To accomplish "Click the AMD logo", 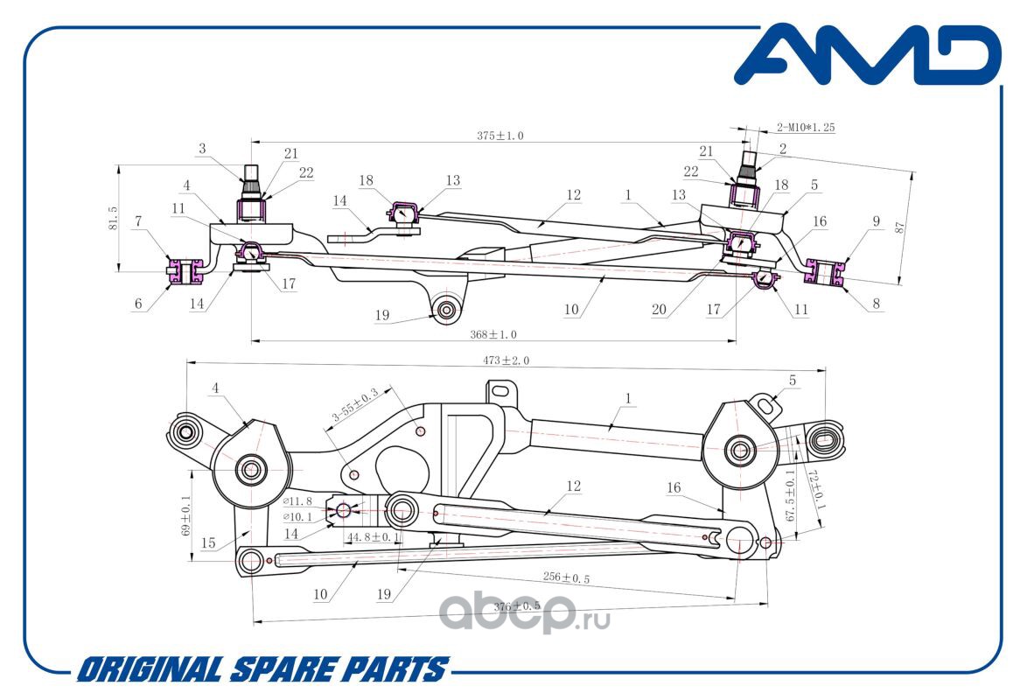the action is click(867, 54).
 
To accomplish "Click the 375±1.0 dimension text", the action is click(500, 136).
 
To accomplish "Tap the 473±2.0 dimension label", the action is click(506, 360).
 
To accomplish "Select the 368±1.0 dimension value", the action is click(493, 334).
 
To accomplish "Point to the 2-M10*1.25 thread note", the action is click(806, 127).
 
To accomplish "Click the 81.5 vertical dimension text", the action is click(113, 218).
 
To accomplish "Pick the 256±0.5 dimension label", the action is click(567, 577).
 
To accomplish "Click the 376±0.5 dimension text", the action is click(517, 606).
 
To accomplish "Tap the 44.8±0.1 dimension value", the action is click(373, 537).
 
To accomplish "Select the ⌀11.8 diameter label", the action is click(297, 501).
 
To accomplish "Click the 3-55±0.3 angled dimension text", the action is click(355, 405).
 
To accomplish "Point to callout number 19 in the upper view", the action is click(382, 315).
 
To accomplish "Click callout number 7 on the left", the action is click(138, 221).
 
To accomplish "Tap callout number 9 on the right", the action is click(877, 221).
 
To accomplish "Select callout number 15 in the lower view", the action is click(207, 542).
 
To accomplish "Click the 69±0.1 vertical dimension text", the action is click(186, 516).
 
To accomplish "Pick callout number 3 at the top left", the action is click(202, 149).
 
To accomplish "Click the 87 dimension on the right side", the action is click(900, 227).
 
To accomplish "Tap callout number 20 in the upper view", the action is click(659, 310).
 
